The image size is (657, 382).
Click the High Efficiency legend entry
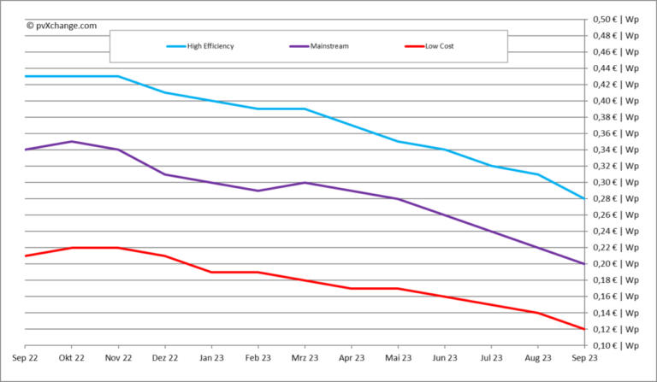click(x=210, y=46)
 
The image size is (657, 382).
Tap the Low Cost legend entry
click(x=439, y=46)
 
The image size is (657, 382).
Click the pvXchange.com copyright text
click(x=62, y=26)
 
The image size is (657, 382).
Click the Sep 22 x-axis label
click(x=25, y=359)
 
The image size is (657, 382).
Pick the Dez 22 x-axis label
click(x=164, y=359)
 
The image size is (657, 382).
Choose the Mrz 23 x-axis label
click(x=305, y=359)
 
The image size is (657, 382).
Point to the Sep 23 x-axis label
click(x=584, y=359)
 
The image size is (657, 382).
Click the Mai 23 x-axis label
click(x=398, y=359)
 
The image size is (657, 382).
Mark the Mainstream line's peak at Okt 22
click(x=72, y=141)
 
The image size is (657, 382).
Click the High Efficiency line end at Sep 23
click(x=584, y=198)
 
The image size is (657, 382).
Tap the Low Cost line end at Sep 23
click(x=584, y=329)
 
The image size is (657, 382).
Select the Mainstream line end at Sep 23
click(x=584, y=264)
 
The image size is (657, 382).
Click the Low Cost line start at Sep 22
click(x=26, y=256)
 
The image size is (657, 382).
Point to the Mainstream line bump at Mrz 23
click(x=305, y=182)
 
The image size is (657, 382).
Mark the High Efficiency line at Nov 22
click(x=118, y=76)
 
